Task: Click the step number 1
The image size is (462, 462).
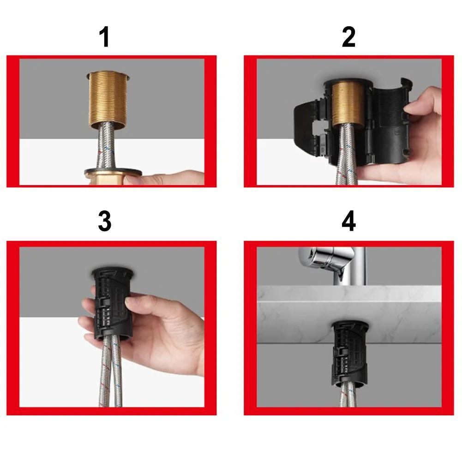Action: (x=105, y=37)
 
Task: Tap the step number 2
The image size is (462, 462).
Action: (x=348, y=37)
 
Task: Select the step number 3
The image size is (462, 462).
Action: (x=105, y=222)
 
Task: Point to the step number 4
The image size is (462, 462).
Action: (x=348, y=222)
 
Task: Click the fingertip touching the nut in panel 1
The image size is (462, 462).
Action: (x=134, y=179)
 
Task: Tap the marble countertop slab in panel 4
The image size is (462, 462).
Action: (x=295, y=314)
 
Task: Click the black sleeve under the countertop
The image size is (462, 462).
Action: (x=349, y=355)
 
